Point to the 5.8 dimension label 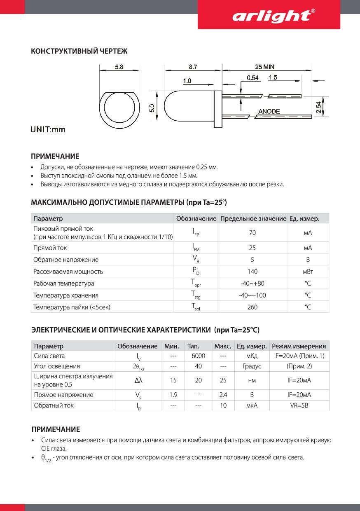[x=119, y=67]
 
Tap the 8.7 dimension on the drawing [x=193, y=67]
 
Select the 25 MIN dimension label [x=264, y=67]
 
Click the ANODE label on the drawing [x=269, y=111]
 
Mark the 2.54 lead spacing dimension [x=319, y=107]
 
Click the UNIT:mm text [x=48, y=130]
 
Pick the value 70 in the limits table [x=252, y=233]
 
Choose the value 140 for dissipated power [x=252, y=272]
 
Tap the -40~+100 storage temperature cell [x=252, y=295]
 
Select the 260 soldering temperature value [x=252, y=307]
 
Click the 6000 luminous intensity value [x=198, y=356]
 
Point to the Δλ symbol [x=138, y=381]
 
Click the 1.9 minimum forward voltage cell [x=173, y=395]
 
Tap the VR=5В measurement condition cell [x=299, y=406]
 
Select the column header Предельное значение [x=253, y=218]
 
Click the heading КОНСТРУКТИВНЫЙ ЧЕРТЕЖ [x=79, y=51]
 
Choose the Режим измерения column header [x=299, y=346]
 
